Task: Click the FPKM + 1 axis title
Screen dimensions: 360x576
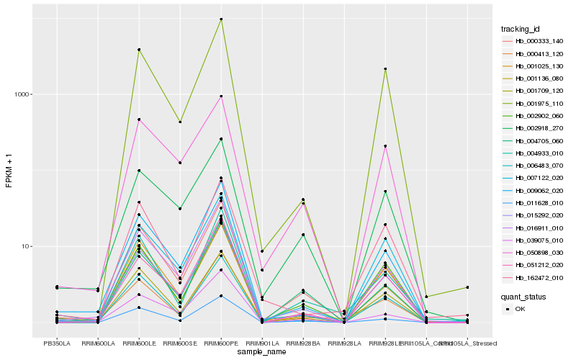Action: (x=9, y=171)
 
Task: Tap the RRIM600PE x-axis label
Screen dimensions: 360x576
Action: (x=221, y=343)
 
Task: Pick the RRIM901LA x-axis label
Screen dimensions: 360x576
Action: (x=262, y=343)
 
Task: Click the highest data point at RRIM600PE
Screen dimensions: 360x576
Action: (x=221, y=19)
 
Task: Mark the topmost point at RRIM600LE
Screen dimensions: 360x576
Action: (x=139, y=50)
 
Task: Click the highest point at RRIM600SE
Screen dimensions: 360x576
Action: (x=180, y=122)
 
